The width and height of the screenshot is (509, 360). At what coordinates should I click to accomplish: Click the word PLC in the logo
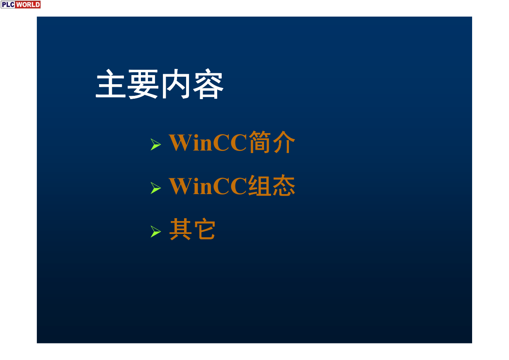coord(8,5)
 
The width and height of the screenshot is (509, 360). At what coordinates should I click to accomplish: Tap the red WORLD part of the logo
coord(28,5)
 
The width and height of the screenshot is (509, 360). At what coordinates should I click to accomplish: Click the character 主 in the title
coord(111,84)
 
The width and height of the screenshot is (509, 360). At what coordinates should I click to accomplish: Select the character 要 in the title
coord(143,84)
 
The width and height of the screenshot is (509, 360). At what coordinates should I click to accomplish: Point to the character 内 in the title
coord(175,84)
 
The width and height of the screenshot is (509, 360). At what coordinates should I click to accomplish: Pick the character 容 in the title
coord(208,84)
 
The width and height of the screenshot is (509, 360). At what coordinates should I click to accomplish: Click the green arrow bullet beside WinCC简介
coord(156,144)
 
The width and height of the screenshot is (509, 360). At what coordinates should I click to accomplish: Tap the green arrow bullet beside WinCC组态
coord(156,188)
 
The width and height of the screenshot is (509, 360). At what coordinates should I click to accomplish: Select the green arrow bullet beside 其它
coord(156,232)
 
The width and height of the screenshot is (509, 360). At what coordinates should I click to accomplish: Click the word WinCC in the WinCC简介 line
coord(208,143)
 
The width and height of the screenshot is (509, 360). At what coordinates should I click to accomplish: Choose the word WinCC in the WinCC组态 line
coord(208,186)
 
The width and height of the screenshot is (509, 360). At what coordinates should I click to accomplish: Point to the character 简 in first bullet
coord(260,142)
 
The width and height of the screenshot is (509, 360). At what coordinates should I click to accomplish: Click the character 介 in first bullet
coord(284,142)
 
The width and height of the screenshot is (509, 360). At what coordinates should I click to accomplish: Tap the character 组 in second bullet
coord(260,185)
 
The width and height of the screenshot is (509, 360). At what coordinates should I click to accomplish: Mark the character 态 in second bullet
coord(284,185)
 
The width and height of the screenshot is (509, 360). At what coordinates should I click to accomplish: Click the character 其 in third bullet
coord(180,229)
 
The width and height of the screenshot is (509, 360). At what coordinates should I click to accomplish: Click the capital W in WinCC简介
coord(180,143)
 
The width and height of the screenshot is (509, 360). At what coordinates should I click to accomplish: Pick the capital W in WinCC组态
coord(180,186)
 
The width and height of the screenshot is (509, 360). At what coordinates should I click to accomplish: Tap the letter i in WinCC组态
coord(196,186)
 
